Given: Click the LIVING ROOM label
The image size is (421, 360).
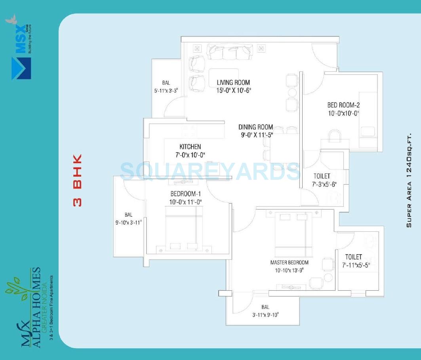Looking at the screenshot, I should pyautogui.click(x=233, y=82).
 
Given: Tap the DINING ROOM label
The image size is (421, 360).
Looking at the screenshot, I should pyautogui.click(x=255, y=127).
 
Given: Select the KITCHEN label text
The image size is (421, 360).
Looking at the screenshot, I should pyautogui.click(x=190, y=147).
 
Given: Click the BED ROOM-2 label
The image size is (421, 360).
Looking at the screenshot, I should pyautogui.click(x=343, y=105).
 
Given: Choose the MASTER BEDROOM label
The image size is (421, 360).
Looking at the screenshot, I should pyautogui.click(x=289, y=263).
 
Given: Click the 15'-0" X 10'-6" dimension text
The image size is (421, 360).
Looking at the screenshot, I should pyautogui.click(x=234, y=90).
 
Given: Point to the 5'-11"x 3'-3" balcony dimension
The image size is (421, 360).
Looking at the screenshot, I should pyautogui.click(x=166, y=91).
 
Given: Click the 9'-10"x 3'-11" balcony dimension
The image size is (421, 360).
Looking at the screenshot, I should pyautogui.click(x=129, y=222).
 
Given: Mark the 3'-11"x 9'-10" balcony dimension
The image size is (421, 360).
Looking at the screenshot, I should pyautogui.click(x=265, y=315).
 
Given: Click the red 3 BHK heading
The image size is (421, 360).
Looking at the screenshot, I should pyautogui.click(x=78, y=180).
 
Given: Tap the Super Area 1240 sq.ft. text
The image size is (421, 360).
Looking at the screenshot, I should pyautogui.click(x=409, y=180).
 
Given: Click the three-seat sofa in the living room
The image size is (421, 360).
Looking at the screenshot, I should pyautogui.click(x=229, y=51).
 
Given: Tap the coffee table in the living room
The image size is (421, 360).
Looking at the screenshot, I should pyautogui.click(x=224, y=78).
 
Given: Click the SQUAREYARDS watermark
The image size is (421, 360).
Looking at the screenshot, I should pyautogui.click(x=210, y=171).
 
